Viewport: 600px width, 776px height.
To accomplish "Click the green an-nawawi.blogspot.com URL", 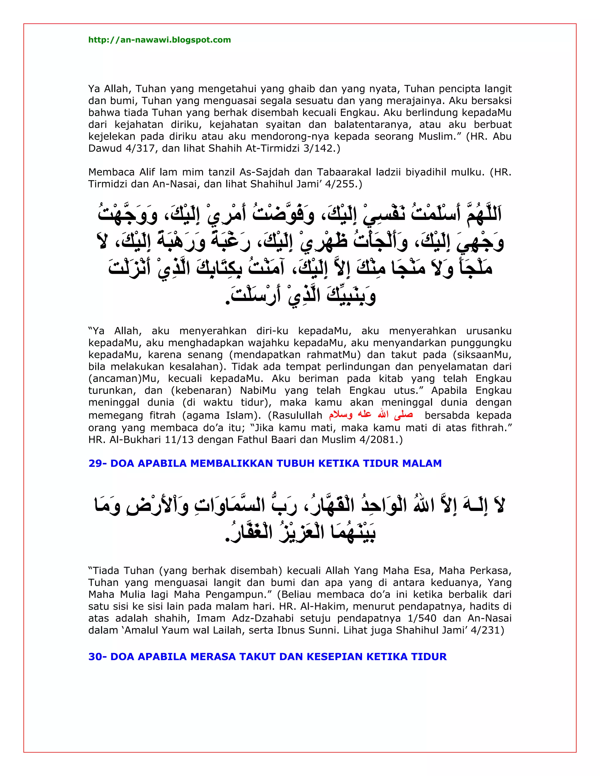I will click(160, 40).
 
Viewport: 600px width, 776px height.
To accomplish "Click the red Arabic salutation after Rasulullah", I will click(371, 415).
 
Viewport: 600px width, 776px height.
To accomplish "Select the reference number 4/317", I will click(140, 148).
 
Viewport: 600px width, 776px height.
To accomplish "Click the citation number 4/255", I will click(344, 184).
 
